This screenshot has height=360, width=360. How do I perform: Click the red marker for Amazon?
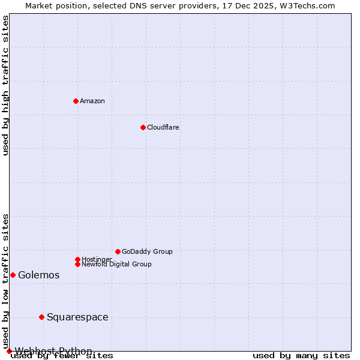pos(76,101)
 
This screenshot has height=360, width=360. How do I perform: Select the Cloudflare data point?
pos(143,127)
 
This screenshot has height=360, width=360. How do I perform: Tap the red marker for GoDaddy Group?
pos(118,251)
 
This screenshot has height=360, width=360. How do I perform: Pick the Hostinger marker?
pos(77,259)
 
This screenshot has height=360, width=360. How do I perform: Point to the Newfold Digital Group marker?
pos(77,264)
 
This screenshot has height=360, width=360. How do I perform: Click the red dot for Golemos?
pos(13,275)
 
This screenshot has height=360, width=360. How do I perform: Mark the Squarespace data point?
pos(41,317)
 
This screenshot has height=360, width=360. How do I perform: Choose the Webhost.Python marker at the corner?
pos(9,351)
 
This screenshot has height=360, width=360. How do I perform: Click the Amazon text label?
pos(92,101)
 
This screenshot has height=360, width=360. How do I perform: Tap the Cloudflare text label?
pos(163,127)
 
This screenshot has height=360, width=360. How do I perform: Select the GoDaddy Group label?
pos(147,251)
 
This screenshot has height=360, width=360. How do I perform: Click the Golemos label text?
pos(39,275)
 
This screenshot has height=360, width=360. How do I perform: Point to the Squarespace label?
pos(77,317)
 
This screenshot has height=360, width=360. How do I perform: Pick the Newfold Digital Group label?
pos(116,264)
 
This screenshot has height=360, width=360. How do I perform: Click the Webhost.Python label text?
pos(53,351)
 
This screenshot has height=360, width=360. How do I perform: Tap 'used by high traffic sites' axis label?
pos(5,85)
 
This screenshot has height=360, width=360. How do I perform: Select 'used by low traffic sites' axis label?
pos(5,281)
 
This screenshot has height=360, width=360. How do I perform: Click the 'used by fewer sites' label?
pos(62,356)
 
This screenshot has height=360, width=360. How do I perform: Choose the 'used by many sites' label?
pos(301,356)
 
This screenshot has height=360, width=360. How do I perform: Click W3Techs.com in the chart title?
pos(307,5)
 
